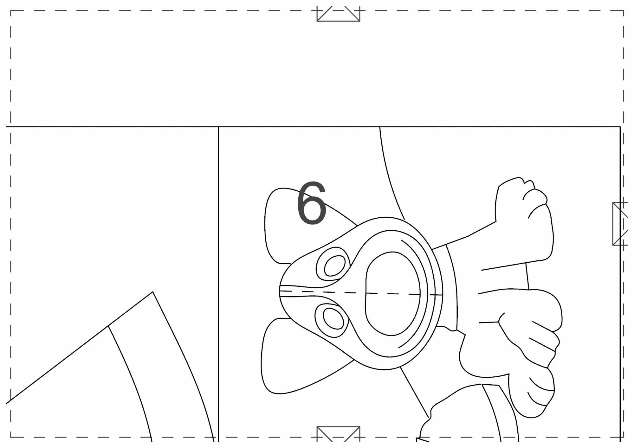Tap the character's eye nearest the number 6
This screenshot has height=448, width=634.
tap(333, 264)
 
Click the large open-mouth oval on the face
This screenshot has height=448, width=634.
tap(392, 293)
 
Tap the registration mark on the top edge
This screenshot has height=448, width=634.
tap(338, 14)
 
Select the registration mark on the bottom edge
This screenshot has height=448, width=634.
tap(338, 434)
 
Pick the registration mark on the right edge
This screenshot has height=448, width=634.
tap(620, 224)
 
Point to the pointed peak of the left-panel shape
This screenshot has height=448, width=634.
tap(153, 292)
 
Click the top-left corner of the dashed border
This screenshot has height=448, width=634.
tap(11, 11)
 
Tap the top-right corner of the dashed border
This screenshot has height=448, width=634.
tap(624, 11)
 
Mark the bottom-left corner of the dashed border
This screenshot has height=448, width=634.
tap(11, 437)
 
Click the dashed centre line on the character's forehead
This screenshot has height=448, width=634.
tap(361, 293)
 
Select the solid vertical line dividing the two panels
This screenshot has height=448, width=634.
tap(218, 284)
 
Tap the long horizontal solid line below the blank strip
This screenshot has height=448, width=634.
tap(313, 127)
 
